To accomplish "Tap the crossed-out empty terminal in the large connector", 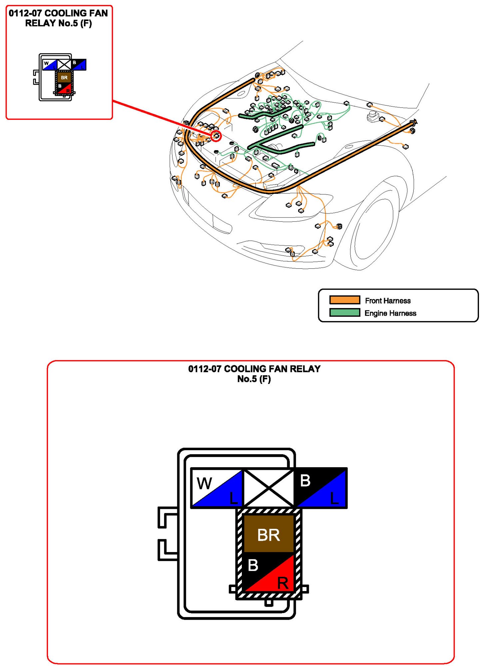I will pyautogui.click(x=268, y=488).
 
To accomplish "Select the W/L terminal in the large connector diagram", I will pyautogui.click(x=217, y=488).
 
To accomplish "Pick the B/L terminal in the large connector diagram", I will pyautogui.click(x=320, y=488).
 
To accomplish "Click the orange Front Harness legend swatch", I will pyautogui.click(x=344, y=300).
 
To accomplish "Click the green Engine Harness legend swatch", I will pyautogui.click(x=344, y=313).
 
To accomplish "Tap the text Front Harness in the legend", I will pyautogui.click(x=388, y=301).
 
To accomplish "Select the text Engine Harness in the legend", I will pyautogui.click(x=390, y=313).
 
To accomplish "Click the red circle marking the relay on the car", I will pyautogui.click(x=216, y=136).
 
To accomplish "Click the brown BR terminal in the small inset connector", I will pyautogui.click(x=64, y=78).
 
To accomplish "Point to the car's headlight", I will pyautogui.click(x=293, y=206).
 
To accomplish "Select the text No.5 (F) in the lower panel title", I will pyautogui.click(x=254, y=379).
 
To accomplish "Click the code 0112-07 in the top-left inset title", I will pyautogui.click(x=25, y=13).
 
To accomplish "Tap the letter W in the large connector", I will pyautogui.click(x=204, y=484).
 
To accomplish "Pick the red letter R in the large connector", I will pyautogui.click(x=283, y=583).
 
